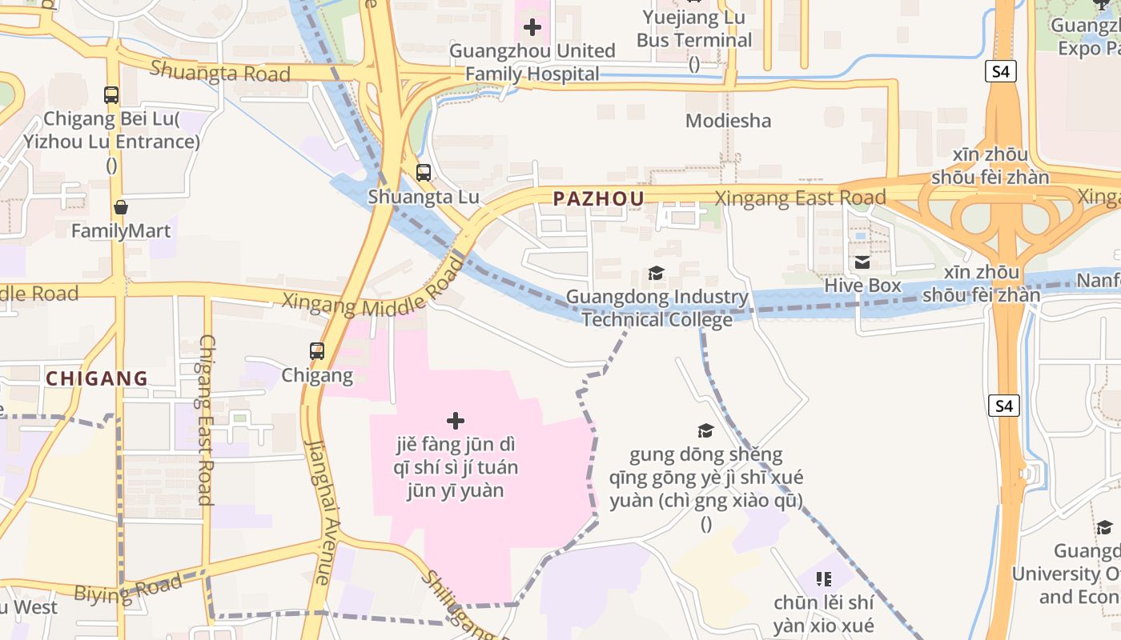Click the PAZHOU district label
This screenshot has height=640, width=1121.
pyautogui.click(x=598, y=199)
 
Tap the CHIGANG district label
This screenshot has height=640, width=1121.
pyautogui.click(x=97, y=378)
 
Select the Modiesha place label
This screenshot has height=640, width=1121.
pyautogui.click(x=728, y=121)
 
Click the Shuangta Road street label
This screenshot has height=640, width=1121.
pyautogui.click(x=219, y=72)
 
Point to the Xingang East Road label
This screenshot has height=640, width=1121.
pyautogui.click(x=800, y=198)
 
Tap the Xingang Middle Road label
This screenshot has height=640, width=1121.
pyautogui.click(x=372, y=296)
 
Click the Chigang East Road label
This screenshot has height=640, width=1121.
pyautogui.click(x=206, y=419)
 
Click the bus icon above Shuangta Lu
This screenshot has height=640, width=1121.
pyautogui.click(x=423, y=172)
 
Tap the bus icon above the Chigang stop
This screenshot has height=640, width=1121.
pyautogui.click(x=317, y=350)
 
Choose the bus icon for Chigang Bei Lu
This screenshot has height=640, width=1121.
pyautogui.click(x=111, y=95)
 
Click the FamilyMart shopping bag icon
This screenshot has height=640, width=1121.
pyautogui.click(x=121, y=208)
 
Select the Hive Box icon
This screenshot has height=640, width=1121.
pyautogui.click(x=862, y=262)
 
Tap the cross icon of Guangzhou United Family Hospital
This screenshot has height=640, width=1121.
pyautogui.click(x=532, y=28)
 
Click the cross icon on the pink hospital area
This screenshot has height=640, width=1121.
pyautogui.click(x=455, y=421)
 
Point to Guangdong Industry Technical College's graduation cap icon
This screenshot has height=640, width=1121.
pyautogui.click(x=656, y=274)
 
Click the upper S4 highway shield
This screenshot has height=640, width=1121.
pyautogui.click(x=1001, y=72)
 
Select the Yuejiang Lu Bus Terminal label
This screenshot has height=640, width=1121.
pyautogui.click(x=693, y=29)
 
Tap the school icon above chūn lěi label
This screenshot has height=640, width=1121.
pyautogui.click(x=823, y=578)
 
